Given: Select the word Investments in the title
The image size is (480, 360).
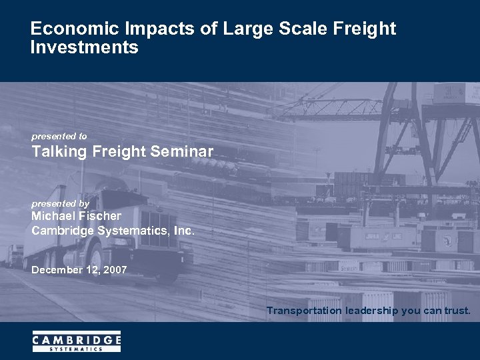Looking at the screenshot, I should pyautogui.click(x=85, y=48).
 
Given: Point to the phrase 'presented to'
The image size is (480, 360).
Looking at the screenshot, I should pyautogui.click(x=59, y=137).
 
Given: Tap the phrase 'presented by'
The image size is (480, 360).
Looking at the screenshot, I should pyautogui.click(x=60, y=203).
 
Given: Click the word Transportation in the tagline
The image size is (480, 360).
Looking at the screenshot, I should pyautogui.click(x=305, y=311).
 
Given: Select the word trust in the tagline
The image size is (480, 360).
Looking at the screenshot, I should pyautogui.click(x=456, y=311).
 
